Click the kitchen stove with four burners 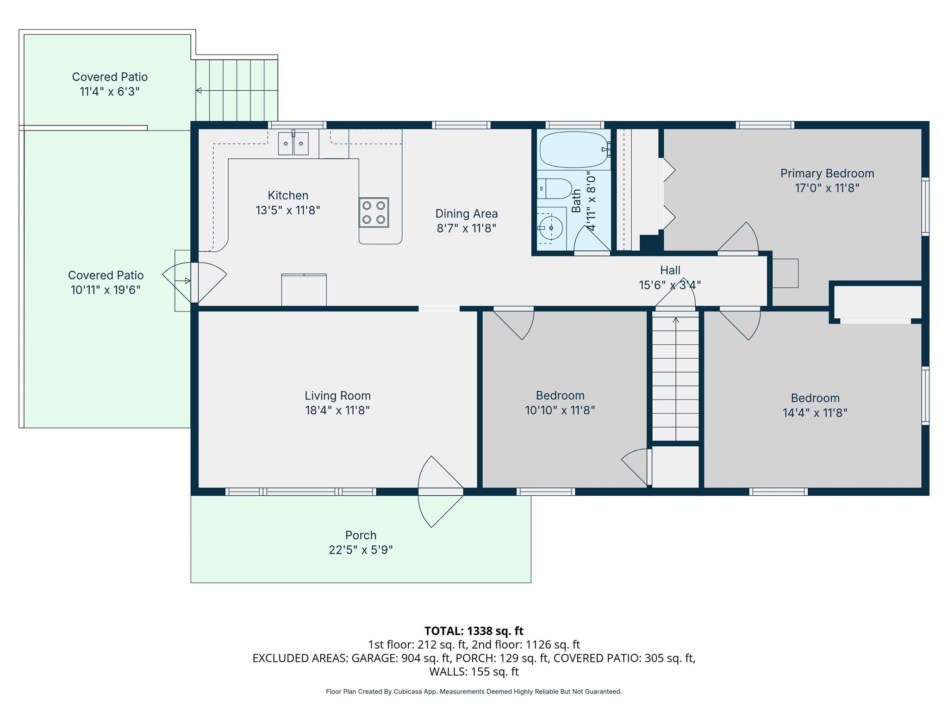(374, 212)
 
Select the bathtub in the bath (574, 150)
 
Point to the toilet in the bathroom (555, 188)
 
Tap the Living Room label (337, 396)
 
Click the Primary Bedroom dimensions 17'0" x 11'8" (827, 188)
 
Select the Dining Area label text (467, 213)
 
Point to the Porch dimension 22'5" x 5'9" (361, 550)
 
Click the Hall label (670, 270)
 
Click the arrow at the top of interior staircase (676, 319)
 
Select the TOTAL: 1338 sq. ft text (474, 631)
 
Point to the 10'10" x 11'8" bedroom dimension (560, 410)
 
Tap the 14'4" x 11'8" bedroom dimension (815, 412)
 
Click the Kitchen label (288, 195)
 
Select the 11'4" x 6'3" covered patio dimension (110, 91)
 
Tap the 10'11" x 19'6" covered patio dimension (106, 290)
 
